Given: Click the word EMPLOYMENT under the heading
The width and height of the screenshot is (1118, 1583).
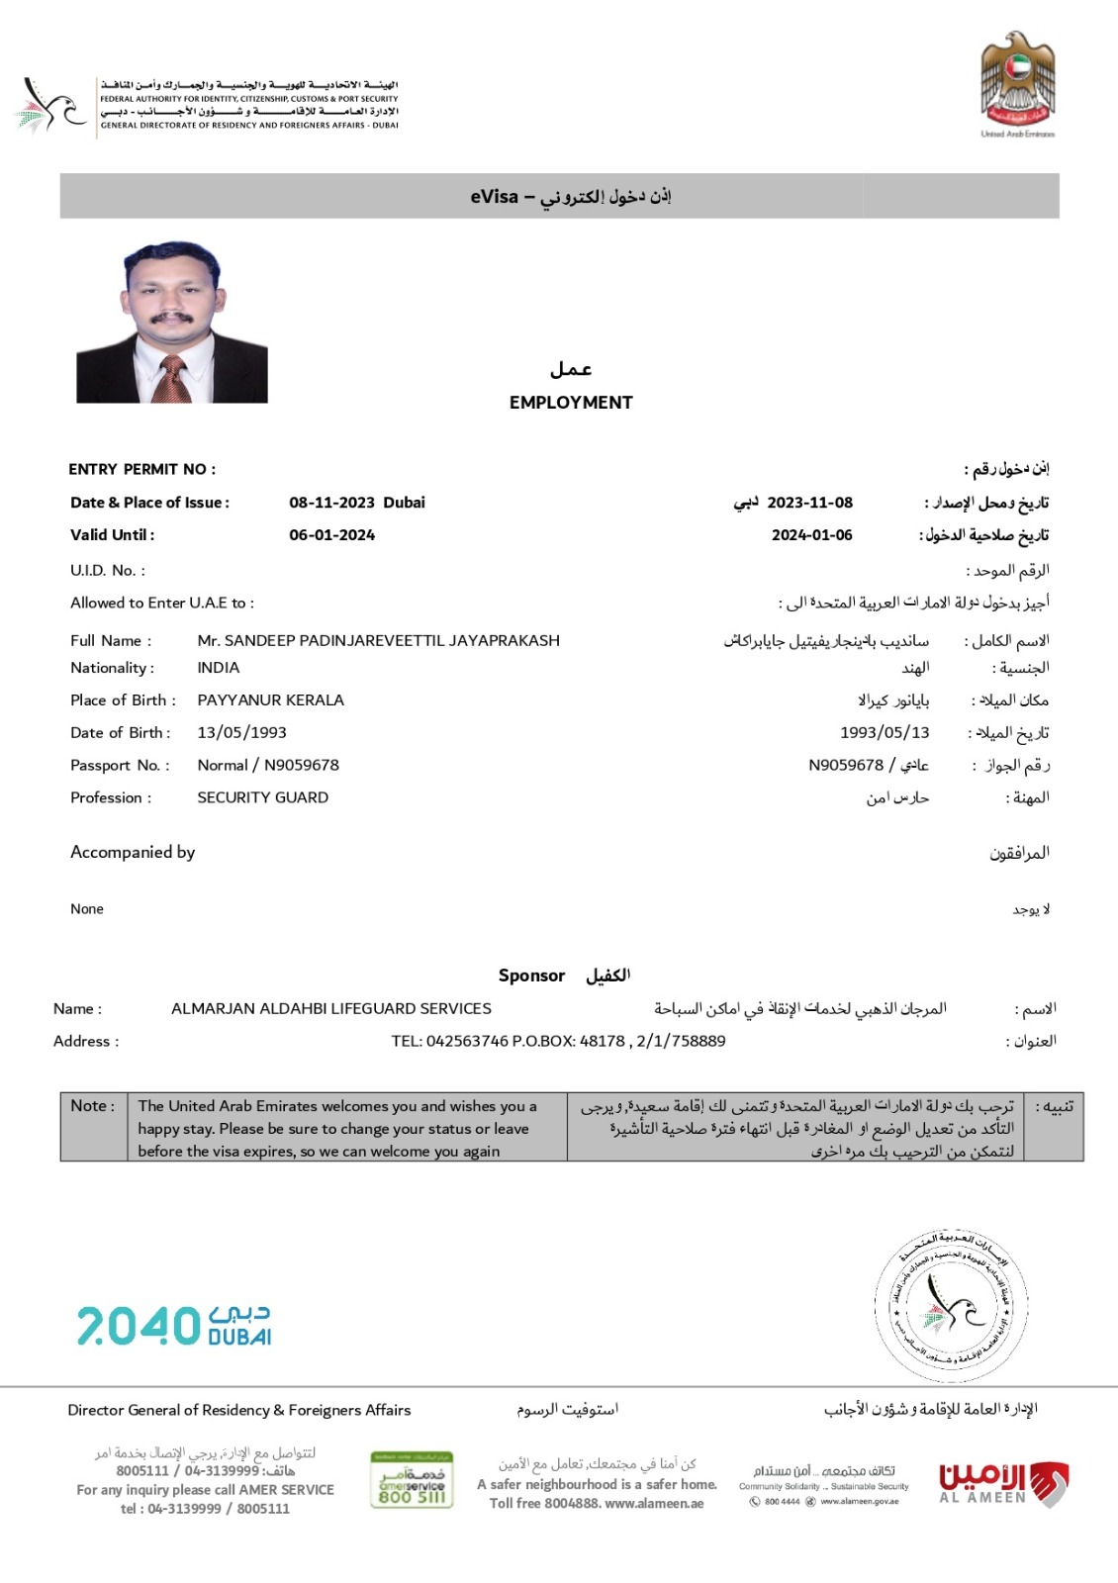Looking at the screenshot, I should coord(571,403).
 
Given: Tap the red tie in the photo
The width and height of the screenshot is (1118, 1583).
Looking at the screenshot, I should coord(174,379).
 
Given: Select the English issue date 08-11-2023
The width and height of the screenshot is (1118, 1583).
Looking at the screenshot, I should coord(331,503).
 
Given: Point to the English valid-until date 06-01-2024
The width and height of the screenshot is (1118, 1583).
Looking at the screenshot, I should coord(331,535).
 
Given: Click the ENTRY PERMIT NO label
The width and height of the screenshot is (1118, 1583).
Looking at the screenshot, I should coord(141,469).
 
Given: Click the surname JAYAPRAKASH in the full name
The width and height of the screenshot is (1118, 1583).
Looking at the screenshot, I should coord(505,640).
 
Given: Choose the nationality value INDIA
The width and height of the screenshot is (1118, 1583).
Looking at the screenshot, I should coord(219,668).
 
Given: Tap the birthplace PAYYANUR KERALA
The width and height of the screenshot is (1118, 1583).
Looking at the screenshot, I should coord(270,700).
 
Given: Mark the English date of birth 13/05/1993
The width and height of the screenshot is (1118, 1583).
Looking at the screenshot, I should coord(241,733).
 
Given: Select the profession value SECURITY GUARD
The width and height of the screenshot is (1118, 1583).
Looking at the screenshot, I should coord(262,797).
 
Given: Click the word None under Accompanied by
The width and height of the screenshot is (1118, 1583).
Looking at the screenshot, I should coord(87,909).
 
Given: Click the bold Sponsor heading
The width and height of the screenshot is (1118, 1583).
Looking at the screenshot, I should coord(531,976).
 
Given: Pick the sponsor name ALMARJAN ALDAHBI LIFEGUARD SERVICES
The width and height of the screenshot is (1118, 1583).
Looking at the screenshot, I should coord(331,1009).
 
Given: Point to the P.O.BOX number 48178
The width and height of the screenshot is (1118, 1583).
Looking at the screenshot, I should coord(602,1042).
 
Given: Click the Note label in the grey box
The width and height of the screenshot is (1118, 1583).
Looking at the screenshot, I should coord(92,1106).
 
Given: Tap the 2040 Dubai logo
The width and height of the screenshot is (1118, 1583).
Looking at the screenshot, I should coord(174,1326).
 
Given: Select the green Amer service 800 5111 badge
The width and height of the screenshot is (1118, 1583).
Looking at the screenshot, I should coord(412,1479).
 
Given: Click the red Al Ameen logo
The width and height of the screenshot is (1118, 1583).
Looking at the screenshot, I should coord(1002,1482).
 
